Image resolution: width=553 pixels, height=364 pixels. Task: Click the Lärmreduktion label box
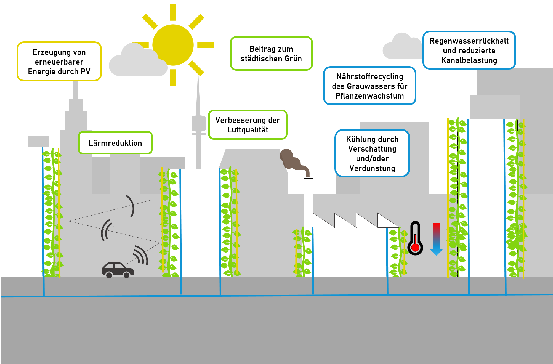point(115,143)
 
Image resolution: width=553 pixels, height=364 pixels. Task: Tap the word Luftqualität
point(248,130)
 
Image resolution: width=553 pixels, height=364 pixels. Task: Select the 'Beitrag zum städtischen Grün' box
point(271,54)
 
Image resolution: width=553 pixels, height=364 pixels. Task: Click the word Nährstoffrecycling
point(369,76)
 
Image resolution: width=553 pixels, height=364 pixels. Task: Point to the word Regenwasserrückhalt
point(469,41)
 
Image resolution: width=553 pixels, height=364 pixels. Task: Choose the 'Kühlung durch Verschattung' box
point(372,153)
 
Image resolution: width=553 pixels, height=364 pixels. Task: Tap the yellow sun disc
point(173,45)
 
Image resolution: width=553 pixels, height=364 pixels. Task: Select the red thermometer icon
point(415,239)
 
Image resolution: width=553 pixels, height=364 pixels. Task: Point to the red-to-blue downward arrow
point(436,239)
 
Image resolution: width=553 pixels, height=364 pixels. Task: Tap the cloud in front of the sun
point(137,62)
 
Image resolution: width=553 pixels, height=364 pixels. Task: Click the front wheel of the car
point(126,275)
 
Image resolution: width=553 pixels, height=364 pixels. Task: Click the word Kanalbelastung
point(469,60)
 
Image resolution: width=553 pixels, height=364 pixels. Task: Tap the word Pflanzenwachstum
point(369,96)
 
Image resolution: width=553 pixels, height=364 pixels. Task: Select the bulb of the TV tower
point(198,123)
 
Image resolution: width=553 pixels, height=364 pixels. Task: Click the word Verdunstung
point(372,168)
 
